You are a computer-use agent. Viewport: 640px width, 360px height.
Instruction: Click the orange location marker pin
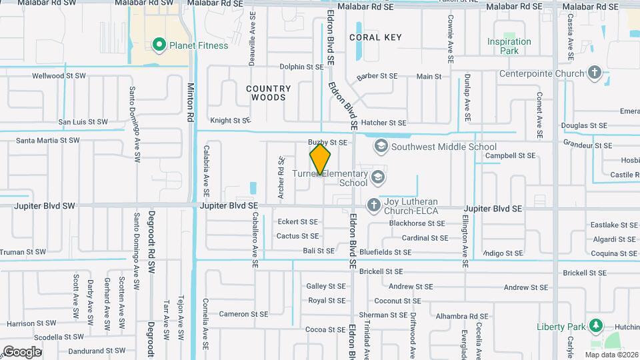tap(321, 159)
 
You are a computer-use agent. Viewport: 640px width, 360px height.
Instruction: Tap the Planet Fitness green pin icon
tap(159, 45)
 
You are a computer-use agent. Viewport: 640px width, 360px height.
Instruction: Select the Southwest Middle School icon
tap(381, 146)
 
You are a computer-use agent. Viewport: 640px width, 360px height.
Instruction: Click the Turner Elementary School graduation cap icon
tap(378, 177)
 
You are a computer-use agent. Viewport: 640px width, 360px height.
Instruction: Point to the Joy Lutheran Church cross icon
tap(374, 204)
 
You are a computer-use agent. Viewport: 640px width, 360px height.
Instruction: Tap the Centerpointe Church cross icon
tap(595, 73)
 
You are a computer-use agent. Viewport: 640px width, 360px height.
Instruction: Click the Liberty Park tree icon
tap(595, 326)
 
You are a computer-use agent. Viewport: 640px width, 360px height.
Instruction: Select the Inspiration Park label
tap(509, 46)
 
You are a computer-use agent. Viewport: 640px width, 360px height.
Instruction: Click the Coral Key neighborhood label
tap(375, 37)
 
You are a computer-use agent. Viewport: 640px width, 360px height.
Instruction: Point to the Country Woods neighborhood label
tap(269, 93)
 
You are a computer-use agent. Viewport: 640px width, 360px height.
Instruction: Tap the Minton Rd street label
tap(191, 102)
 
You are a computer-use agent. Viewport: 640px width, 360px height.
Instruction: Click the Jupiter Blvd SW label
tap(44, 207)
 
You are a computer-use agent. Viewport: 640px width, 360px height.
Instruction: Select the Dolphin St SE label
tap(301, 67)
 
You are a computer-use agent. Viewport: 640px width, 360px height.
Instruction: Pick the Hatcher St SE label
tap(384, 123)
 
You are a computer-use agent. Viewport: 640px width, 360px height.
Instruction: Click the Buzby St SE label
tap(327, 143)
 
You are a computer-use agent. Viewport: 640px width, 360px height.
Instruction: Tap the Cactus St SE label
tap(297, 236)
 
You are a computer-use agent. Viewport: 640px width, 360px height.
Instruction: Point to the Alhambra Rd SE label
tap(460, 317)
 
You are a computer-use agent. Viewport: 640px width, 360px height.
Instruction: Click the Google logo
tap(22, 351)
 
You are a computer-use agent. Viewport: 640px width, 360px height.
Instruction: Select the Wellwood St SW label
tap(59, 76)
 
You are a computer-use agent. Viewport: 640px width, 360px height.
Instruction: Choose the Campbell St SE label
tap(510, 155)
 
